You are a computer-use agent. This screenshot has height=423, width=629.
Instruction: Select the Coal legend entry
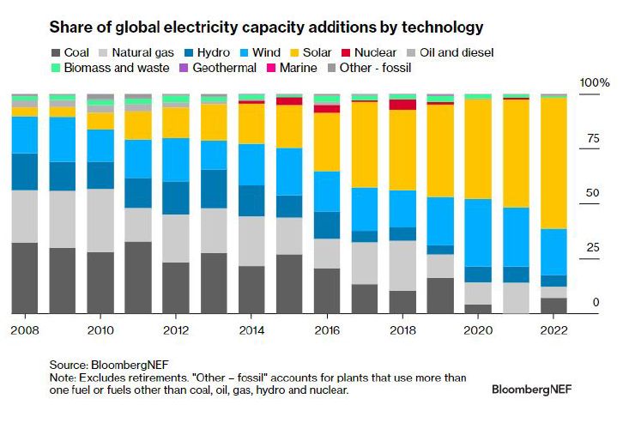coord(76,52)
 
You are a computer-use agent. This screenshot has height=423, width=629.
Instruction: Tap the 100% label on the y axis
coord(595,83)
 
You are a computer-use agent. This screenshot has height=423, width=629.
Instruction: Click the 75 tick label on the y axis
coord(591,139)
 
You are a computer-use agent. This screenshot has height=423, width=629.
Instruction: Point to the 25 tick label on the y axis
coord(591,249)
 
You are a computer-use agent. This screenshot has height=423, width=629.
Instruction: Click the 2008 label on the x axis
coord(23,330)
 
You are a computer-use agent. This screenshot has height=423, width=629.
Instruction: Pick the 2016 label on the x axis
coord(326,330)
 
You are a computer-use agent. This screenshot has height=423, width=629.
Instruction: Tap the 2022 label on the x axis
coord(553,330)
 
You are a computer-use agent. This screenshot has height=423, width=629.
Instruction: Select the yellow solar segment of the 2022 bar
coord(553,163)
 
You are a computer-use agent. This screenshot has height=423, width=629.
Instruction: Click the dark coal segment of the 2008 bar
coord(23,278)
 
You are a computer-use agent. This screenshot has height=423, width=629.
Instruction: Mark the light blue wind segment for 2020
coord(478,233)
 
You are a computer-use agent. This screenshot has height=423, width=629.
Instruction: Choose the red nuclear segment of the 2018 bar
coord(402,105)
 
